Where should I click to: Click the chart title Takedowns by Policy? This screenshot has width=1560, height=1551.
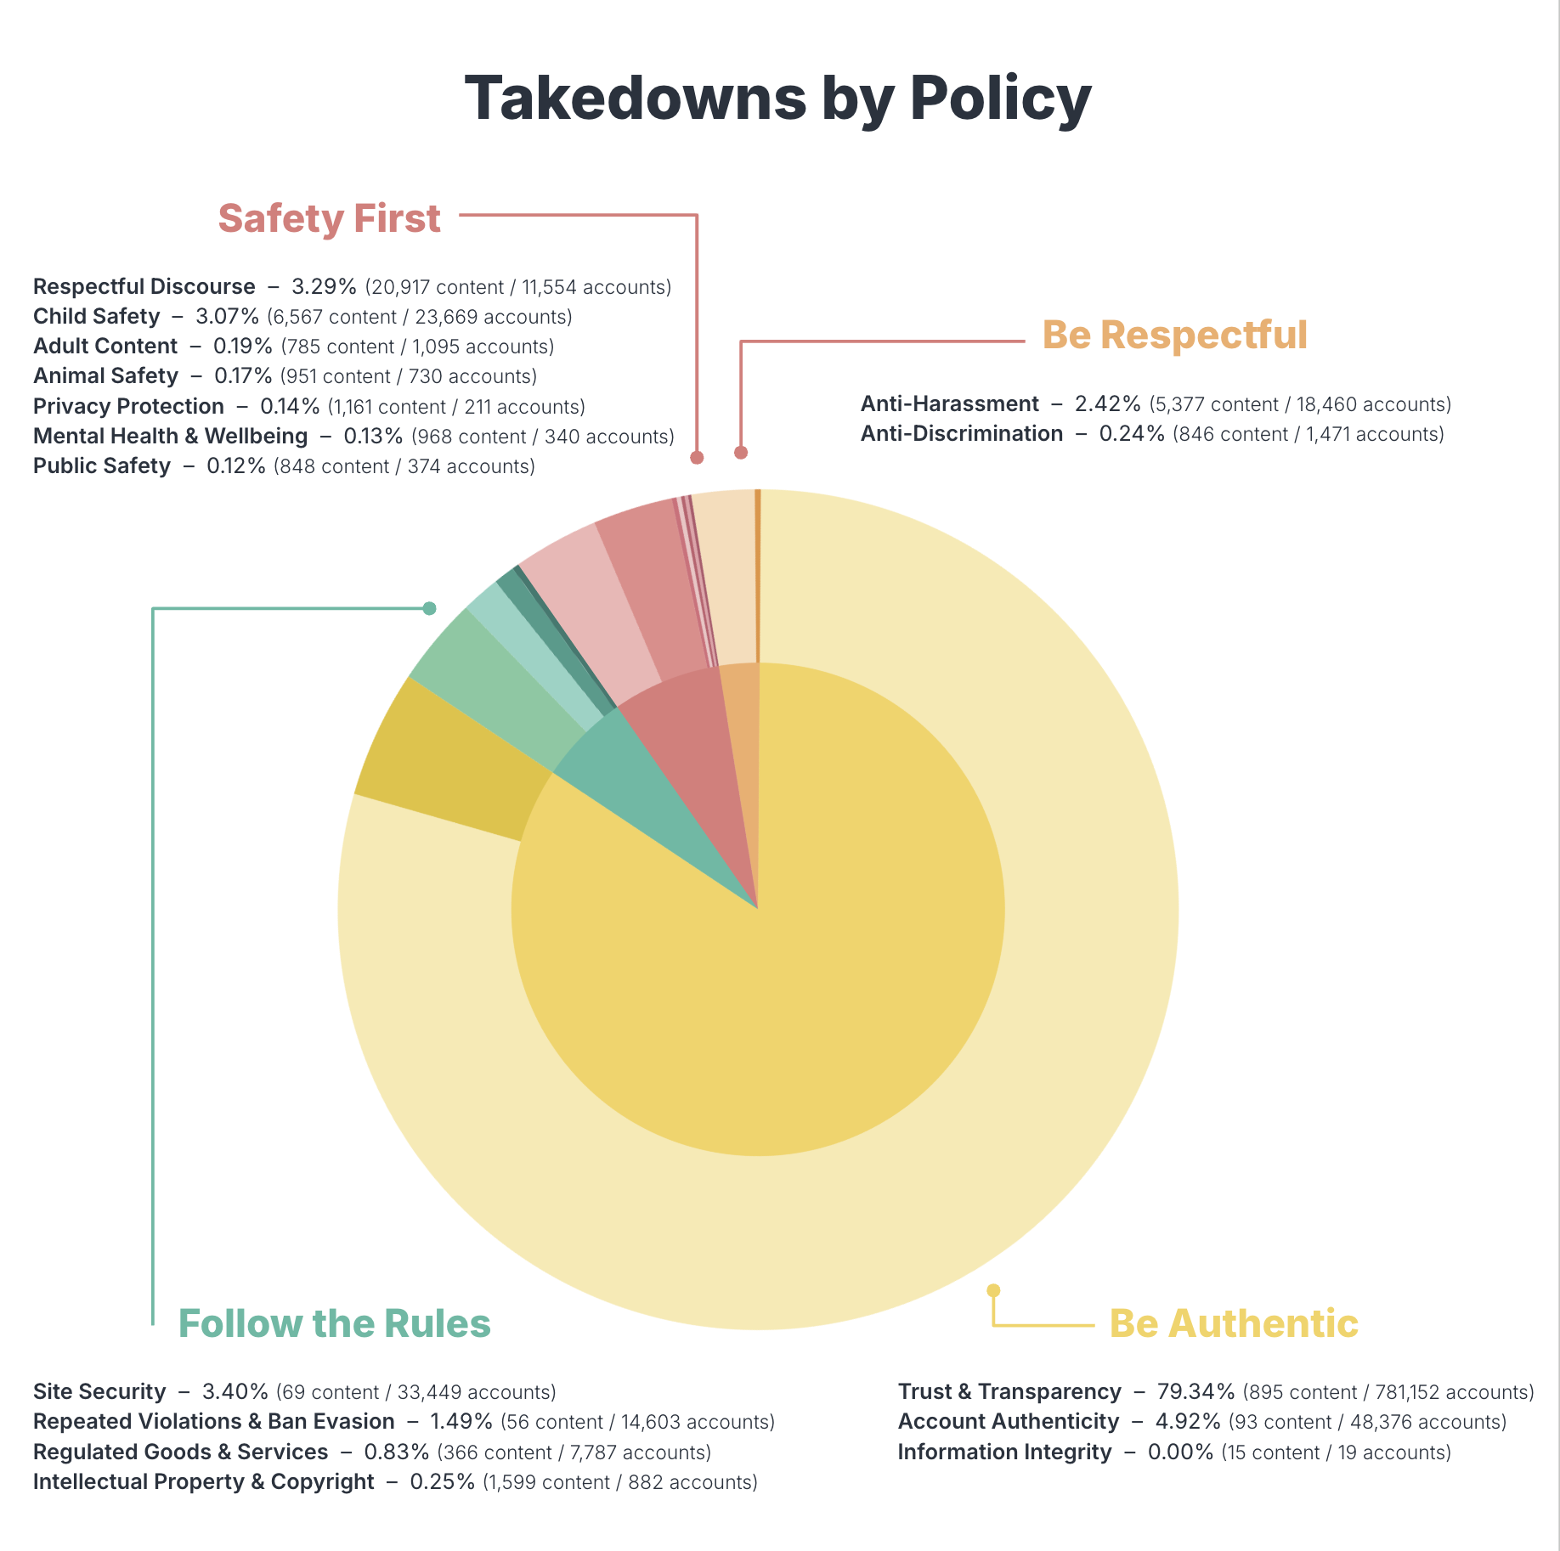[x=777, y=99]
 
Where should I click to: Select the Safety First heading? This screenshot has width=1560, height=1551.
[x=329, y=218]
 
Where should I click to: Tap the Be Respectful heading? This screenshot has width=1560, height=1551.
[x=1174, y=335]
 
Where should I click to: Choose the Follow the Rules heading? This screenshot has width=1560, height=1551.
[x=334, y=1323]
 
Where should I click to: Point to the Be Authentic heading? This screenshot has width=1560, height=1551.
[x=1233, y=1323]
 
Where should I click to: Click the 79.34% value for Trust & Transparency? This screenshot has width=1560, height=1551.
[x=1195, y=1392]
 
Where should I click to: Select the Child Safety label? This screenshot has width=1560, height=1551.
[x=96, y=317]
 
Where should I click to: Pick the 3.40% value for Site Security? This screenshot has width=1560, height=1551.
[x=235, y=1392]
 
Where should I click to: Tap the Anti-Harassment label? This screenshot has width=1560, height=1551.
[x=949, y=404]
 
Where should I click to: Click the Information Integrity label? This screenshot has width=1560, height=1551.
[x=1004, y=1452]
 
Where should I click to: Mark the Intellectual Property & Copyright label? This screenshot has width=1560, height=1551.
[x=203, y=1482]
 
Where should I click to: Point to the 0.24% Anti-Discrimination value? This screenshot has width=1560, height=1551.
[x=1131, y=434]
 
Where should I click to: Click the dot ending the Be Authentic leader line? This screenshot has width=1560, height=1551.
[x=993, y=1290]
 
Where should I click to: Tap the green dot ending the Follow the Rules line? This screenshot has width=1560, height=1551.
[x=430, y=608]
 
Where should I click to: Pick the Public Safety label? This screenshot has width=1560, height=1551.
[x=101, y=466]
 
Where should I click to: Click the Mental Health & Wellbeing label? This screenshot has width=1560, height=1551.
[x=170, y=437]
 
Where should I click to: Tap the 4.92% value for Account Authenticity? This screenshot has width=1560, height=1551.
[x=1187, y=1422]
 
